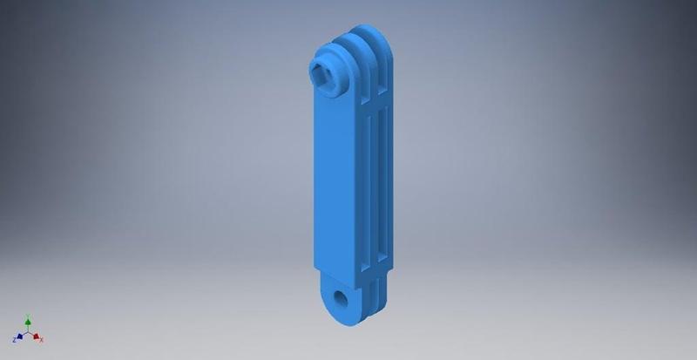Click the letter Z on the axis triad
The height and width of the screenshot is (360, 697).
point(13,340)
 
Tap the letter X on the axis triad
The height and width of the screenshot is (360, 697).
point(42,340)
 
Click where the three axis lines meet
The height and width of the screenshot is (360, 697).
point(28,334)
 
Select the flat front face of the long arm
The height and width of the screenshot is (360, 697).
point(335,183)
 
